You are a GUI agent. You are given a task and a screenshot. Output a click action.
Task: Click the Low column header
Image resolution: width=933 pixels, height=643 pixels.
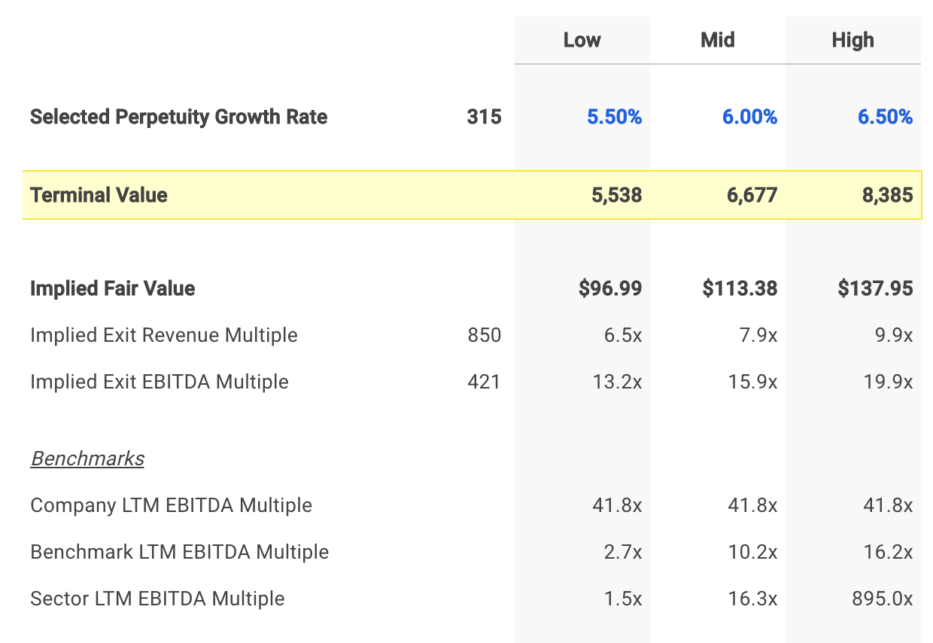point(582,40)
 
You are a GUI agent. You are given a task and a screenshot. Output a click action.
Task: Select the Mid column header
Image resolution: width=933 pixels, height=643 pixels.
point(717,40)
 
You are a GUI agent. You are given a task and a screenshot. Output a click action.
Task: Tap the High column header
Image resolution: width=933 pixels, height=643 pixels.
point(852,40)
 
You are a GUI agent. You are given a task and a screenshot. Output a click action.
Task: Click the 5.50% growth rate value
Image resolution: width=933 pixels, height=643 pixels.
point(614,117)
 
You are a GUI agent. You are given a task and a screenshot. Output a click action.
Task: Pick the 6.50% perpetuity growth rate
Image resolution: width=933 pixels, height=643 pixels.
point(885,117)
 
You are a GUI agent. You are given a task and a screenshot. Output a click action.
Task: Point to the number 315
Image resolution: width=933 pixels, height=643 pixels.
point(484,117)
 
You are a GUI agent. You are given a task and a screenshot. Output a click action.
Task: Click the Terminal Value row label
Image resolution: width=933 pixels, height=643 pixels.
point(99,195)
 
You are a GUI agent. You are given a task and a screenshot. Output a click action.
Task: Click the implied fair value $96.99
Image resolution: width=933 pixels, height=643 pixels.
point(610,288)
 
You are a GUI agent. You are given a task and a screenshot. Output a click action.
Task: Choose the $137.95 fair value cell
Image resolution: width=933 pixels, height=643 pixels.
point(875,288)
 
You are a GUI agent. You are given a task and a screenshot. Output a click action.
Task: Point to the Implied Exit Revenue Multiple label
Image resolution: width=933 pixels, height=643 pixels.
point(163,335)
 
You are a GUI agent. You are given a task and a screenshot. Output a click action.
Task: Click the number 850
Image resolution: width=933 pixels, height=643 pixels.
point(484,335)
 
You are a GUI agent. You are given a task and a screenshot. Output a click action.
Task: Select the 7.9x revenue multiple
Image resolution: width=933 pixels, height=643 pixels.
point(758,335)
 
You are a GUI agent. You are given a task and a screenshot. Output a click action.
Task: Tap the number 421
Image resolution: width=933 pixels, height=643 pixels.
point(484,382)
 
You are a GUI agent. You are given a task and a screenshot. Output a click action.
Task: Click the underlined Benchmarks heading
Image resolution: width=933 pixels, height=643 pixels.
point(87,459)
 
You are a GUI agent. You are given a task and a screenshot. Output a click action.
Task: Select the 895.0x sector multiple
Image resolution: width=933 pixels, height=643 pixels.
point(882,599)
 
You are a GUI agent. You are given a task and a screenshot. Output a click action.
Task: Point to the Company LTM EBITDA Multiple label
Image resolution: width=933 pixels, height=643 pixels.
point(171,505)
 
